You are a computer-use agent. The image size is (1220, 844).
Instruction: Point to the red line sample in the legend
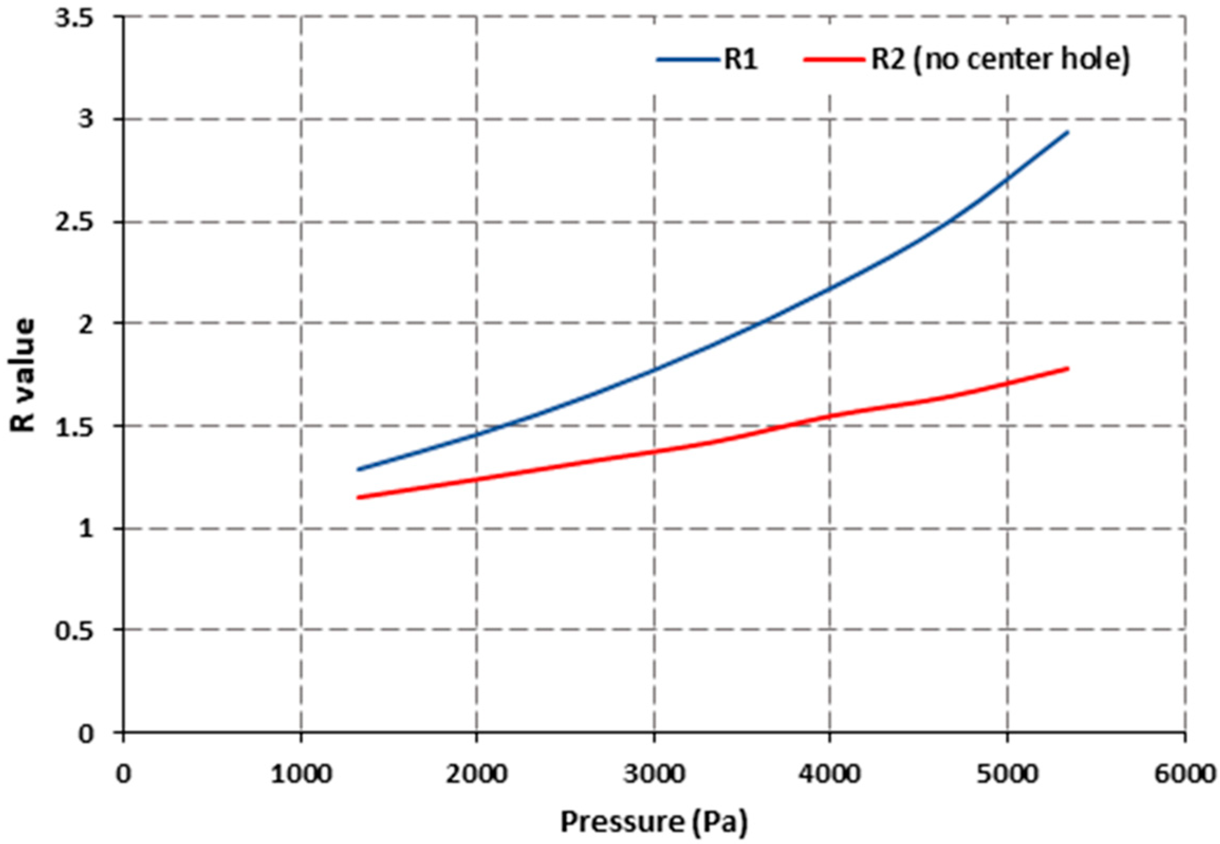click(x=835, y=60)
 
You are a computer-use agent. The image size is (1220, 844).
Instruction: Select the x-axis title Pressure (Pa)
click(x=654, y=822)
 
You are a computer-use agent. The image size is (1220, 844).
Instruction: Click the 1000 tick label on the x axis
click(x=301, y=775)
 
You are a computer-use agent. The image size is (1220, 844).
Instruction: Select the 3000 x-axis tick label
click(x=654, y=775)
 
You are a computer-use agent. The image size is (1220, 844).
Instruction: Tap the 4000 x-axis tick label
click(x=830, y=775)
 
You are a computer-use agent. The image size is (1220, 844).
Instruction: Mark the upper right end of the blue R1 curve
click(x=1068, y=132)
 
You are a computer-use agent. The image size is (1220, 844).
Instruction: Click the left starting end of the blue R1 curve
click(x=358, y=469)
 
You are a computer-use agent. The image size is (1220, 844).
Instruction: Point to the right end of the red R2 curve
click(x=1068, y=368)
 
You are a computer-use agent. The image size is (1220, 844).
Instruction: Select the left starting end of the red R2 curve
click(x=358, y=497)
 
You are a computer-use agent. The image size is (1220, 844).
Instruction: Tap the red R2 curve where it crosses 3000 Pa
click(x=654, y=451)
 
